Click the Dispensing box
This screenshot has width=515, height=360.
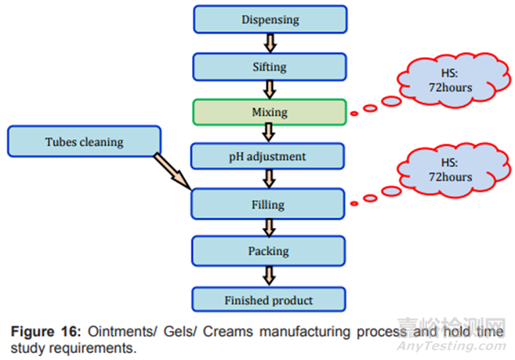(x=269, y=20)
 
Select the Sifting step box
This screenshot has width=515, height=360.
(x=269, y=66)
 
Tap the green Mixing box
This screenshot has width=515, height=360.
(x=269, y=111)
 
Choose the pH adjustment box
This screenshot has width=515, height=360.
(x=269, y=157)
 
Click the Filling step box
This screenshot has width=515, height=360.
(x=269, y=204)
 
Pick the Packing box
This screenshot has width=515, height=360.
(x=269, y=252)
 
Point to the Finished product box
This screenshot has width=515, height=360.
(x=269, y=300)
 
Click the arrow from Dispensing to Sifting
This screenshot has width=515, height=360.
(x=269, y=43)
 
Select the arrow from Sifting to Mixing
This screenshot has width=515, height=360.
(x=269, y=89)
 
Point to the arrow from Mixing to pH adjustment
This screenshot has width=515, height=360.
(x=269, y=134)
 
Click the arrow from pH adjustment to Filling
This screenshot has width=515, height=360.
(x=269, y=180)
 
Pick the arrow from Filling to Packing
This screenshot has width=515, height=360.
(x=269, y=228)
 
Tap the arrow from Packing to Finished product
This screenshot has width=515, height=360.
(x=269, y=276)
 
